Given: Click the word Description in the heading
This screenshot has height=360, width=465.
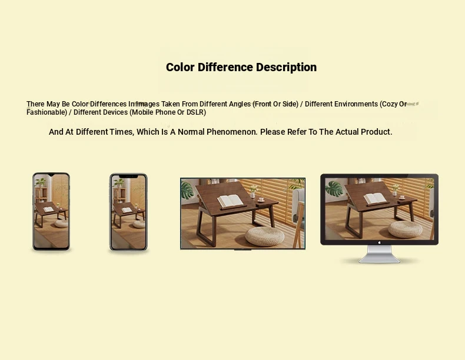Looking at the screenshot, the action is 286,68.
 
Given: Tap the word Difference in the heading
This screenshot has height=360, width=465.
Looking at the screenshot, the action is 225,67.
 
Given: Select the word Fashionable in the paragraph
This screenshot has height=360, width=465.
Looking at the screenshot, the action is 46,112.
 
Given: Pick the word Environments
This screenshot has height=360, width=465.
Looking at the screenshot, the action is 356,104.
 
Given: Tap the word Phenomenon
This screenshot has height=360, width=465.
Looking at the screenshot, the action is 232,132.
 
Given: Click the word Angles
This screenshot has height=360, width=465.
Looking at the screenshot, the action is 240,104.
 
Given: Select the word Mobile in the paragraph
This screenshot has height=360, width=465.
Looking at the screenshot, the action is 142,112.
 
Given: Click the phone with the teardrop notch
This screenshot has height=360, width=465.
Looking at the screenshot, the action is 51,211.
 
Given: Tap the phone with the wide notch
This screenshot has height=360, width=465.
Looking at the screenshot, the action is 128,212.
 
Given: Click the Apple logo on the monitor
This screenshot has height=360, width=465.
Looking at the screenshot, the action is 379,242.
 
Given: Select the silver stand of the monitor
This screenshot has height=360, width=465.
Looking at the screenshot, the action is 379,254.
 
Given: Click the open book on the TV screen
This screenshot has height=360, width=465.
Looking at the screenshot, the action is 230,201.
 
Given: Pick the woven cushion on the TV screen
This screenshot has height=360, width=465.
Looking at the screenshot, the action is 265,236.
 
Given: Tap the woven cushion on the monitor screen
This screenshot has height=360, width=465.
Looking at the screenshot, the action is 405,229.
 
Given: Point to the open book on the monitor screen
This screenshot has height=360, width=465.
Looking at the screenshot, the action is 375,198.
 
